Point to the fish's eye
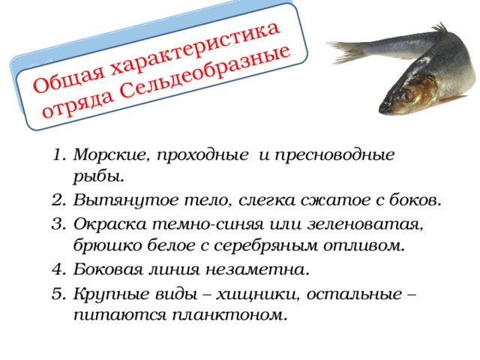pyautogui.click(x=410, y=95)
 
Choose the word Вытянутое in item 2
pyautogui.click(x=113, y=201)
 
